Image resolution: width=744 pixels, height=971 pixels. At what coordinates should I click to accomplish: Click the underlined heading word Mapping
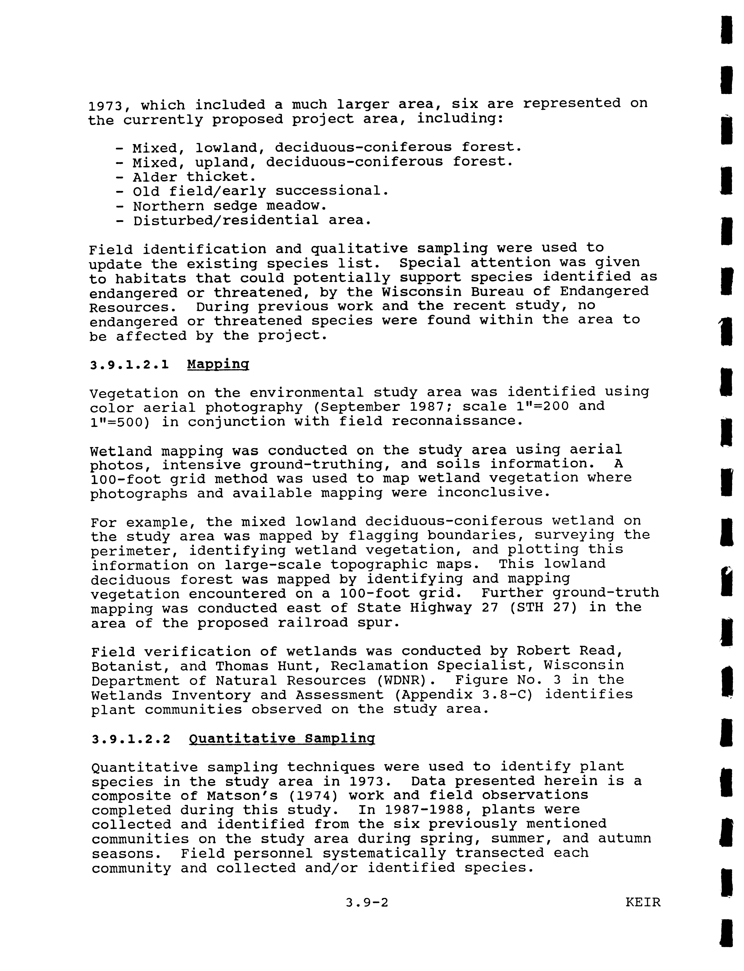(x=218, y=365)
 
